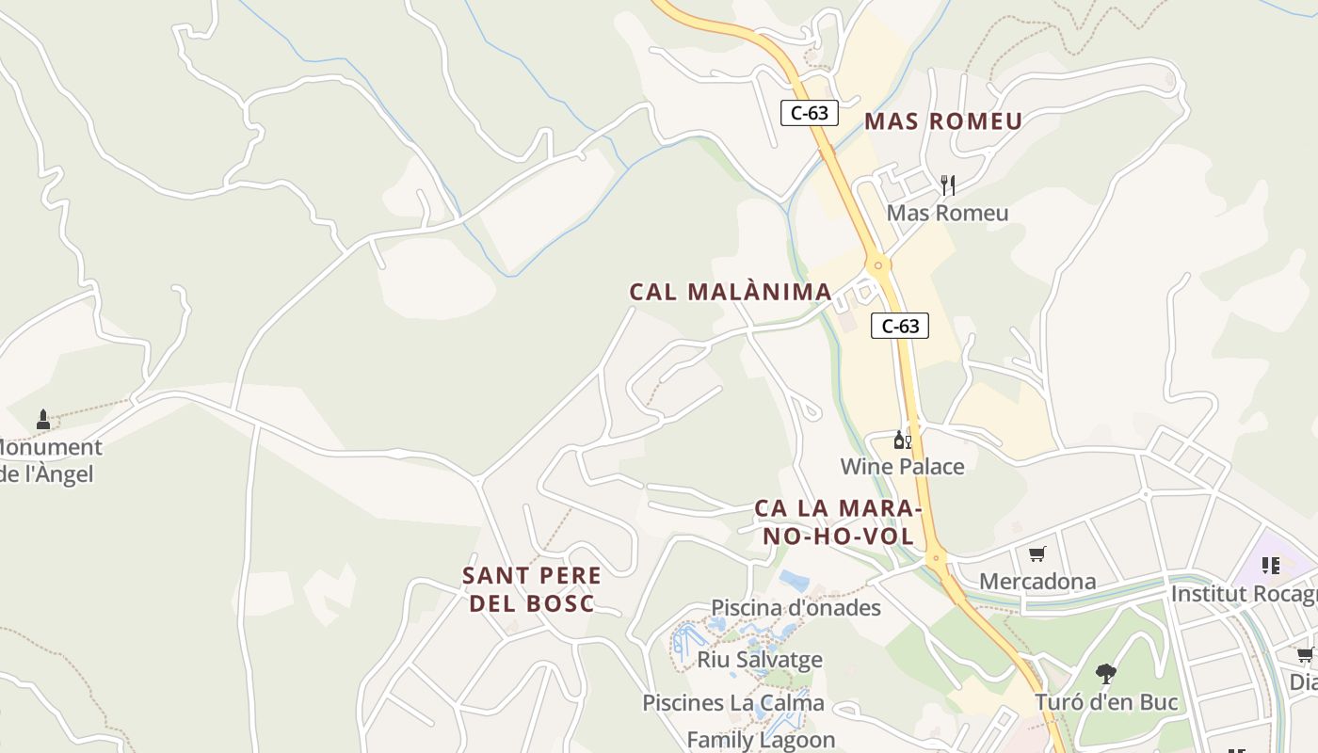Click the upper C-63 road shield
(x=809, y=113)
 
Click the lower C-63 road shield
(x=900, y=326)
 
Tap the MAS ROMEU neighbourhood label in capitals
(x=942, y=121)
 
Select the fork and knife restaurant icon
(x=948, y=184)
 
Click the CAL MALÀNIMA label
(x=731, y=292)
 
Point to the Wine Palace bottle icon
(x=902, y=440)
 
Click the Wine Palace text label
(x=902, y=466)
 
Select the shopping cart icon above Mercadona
(x=1037, y=554)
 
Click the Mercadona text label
(x=1037, y=581)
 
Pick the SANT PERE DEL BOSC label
(x=532, y=589)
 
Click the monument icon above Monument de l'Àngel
(x=42, y=419)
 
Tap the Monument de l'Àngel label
(x=47, y=460)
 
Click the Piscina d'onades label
(x=796, y=607)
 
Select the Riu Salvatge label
(x=760, y=659)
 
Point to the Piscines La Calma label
(x=733, y=702)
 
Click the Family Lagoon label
(x=761, y=740)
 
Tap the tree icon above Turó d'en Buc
(x=1106, y=674)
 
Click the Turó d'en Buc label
(x=1106, y=701)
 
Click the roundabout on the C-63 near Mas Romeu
(x=878, y=265)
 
